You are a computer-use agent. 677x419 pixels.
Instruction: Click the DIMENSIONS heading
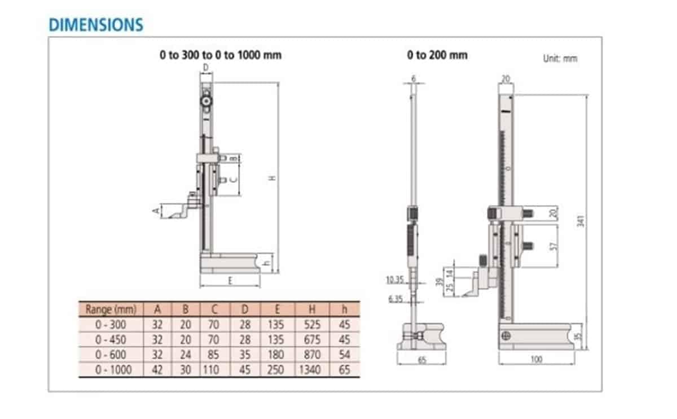point(96,25)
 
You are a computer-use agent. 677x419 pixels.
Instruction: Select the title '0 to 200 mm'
point(437,55)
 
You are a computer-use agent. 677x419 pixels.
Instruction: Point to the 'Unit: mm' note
point(560,58)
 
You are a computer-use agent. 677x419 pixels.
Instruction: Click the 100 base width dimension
point(537,359)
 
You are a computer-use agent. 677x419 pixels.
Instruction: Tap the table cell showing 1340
point(312,370)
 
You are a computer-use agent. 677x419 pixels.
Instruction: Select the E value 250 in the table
point(278,370)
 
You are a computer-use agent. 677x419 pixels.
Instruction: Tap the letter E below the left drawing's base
point(231,281)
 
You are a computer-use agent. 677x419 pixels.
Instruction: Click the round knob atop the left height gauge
point(207,102)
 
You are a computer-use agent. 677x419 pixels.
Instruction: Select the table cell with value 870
point(312,355)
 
